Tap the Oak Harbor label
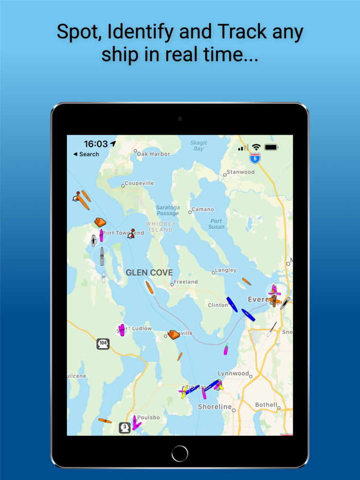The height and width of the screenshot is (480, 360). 153,154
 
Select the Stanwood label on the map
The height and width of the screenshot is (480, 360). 241,172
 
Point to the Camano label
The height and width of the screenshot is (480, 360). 203,210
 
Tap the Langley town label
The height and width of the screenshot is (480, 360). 227,270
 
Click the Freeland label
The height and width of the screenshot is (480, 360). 186,282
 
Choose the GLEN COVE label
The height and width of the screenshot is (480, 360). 149,272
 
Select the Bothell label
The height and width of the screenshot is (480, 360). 266,405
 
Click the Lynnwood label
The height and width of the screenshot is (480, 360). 232,374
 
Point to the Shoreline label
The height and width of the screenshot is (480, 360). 214,407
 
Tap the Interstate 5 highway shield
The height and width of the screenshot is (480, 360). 255,158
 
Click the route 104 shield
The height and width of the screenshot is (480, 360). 103,344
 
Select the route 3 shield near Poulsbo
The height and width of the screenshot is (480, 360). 124,427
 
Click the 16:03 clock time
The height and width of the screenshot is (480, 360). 96,144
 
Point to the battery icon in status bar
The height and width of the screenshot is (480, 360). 271,147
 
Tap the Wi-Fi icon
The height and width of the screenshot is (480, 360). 256,147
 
